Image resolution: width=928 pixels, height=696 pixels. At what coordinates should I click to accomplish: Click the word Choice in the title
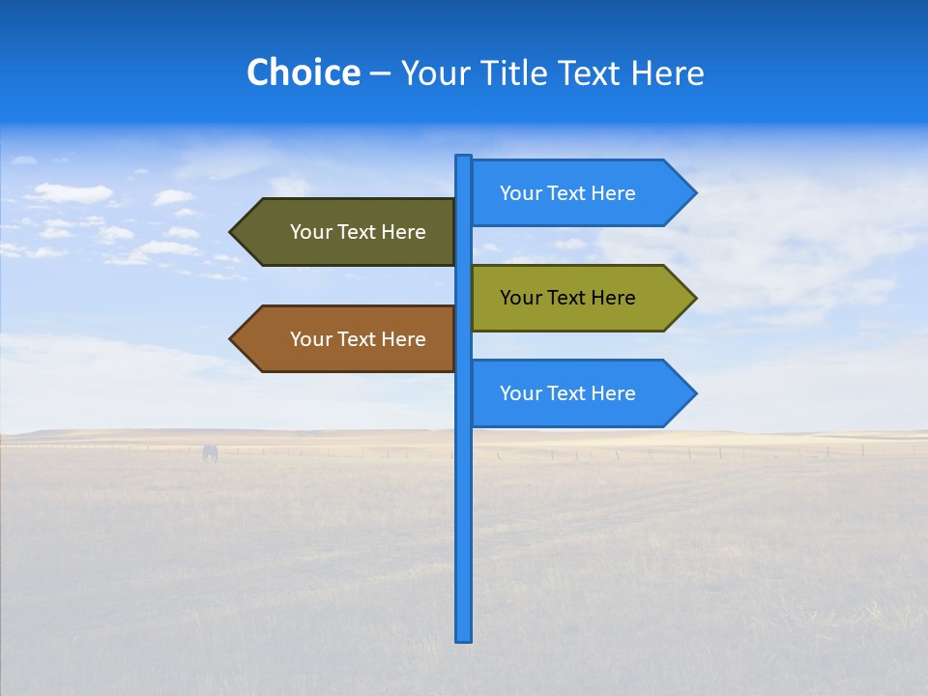coord(303,72)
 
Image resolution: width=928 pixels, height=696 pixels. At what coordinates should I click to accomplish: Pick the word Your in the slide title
coord(435,73)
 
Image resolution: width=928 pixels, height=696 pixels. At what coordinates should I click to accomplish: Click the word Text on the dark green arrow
coord(357,232)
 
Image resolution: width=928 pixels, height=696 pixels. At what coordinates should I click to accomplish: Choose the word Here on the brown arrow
coord(403,339)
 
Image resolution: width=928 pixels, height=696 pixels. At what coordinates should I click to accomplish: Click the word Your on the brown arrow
coord(310,339)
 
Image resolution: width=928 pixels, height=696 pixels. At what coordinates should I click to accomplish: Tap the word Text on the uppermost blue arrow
coord(566,193)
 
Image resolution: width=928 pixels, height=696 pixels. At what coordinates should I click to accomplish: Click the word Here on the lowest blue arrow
coord(613,393)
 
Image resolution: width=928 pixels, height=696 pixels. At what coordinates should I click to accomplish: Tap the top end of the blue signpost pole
coord(464,158)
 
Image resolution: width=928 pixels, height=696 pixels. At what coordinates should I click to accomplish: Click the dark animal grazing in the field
coord(210,452)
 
